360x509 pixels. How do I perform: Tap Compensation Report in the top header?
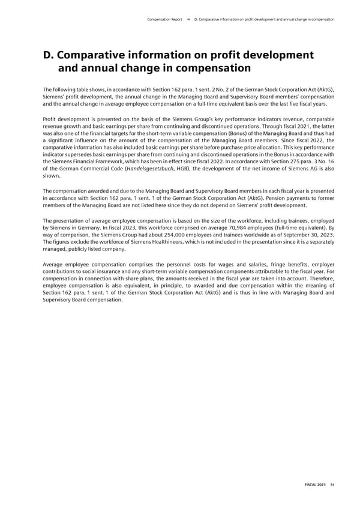164,19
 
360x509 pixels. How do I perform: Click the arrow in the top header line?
189,19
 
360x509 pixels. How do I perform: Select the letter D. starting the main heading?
49,56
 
